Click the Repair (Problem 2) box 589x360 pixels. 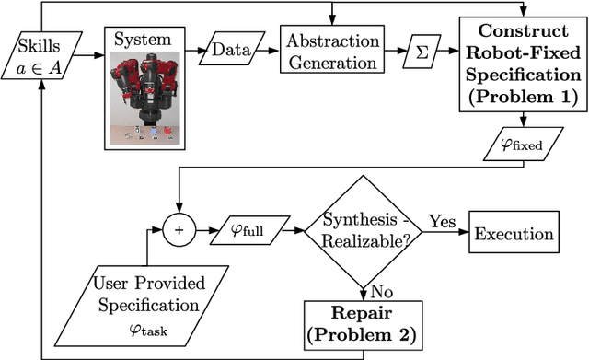364,323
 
